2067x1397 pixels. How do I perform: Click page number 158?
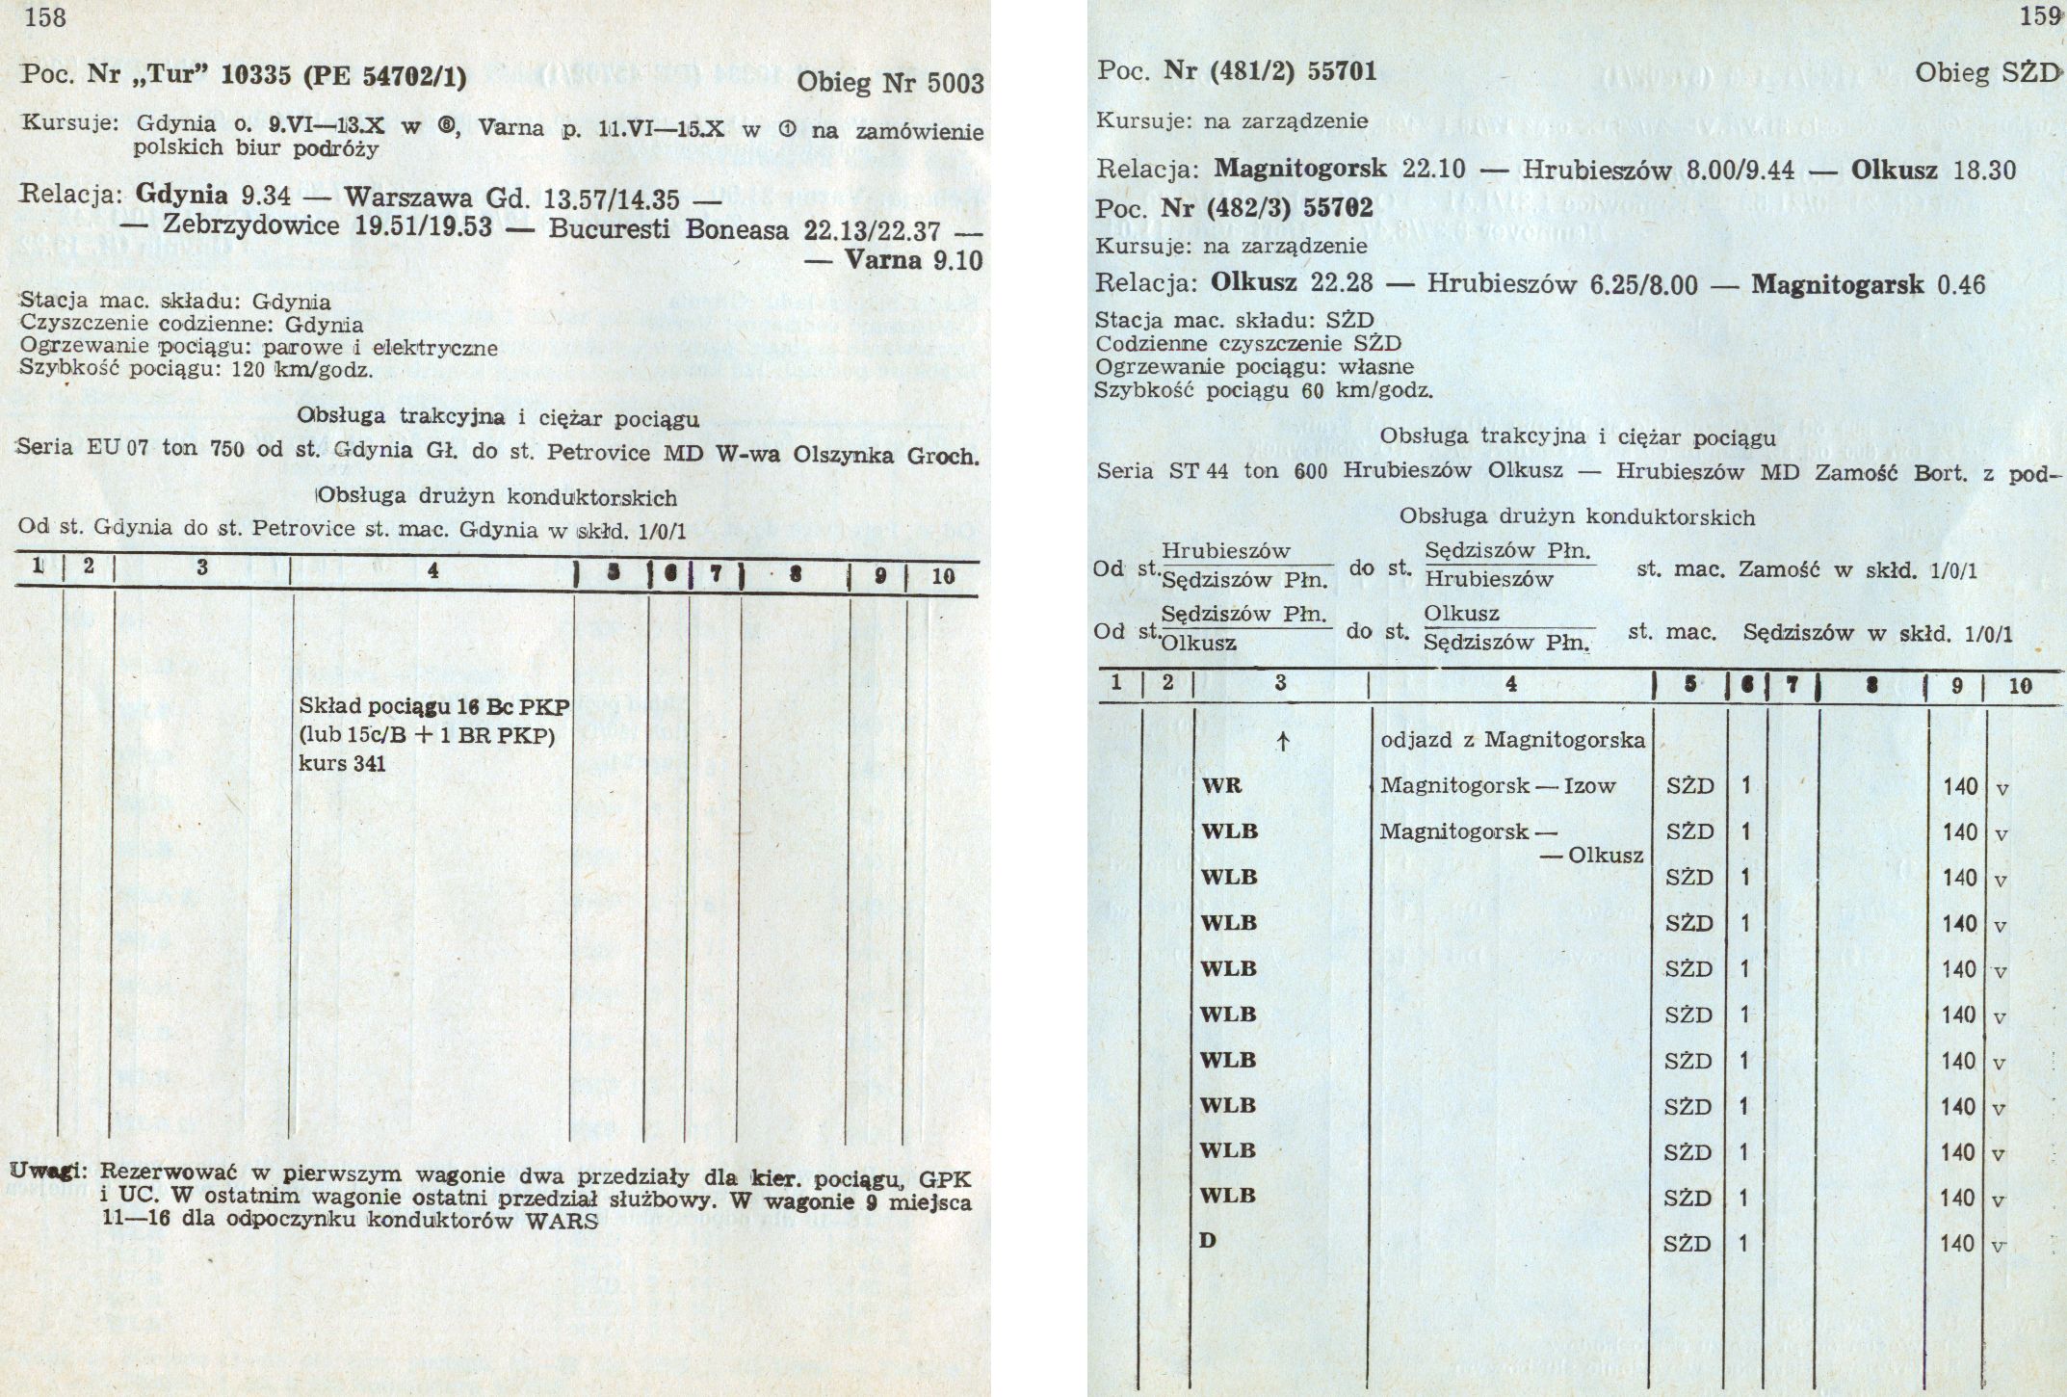(45, 17)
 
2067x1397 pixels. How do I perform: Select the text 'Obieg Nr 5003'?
(891, 84)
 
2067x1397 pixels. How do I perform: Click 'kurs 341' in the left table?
(342, 764)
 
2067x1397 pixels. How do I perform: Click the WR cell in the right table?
(1222, 785)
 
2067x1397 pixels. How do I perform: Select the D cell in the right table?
(1208, 1240)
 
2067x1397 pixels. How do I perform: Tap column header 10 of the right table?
(2020, 685)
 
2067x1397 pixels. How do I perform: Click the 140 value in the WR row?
(1959, 786)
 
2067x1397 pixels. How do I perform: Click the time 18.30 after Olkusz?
(1984, 170)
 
